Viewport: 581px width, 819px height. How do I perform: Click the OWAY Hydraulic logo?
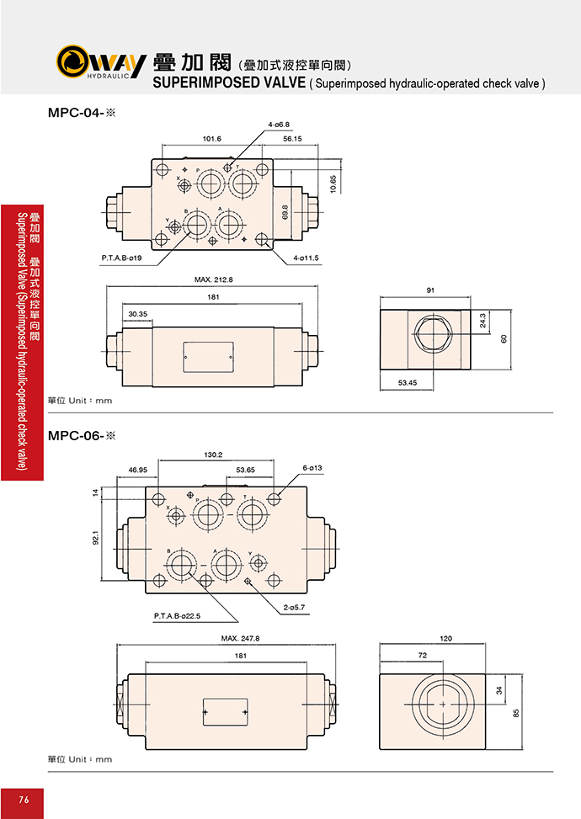point(101,61)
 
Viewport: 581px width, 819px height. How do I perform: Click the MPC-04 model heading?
point(82,112)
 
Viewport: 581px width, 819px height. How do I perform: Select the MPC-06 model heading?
point(82,436)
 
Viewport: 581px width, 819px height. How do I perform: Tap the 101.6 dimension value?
point(211,139)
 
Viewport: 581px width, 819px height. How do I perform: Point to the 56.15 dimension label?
point(292,139)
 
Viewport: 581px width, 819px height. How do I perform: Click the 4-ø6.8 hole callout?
point(279,125)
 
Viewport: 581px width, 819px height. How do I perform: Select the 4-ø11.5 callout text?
point(306,258)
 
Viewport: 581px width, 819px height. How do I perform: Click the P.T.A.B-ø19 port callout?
point(121,258)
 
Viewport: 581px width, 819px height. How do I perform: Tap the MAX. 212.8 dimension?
point(214,279)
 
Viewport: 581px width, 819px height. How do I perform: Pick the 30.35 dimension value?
point(138,314)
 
